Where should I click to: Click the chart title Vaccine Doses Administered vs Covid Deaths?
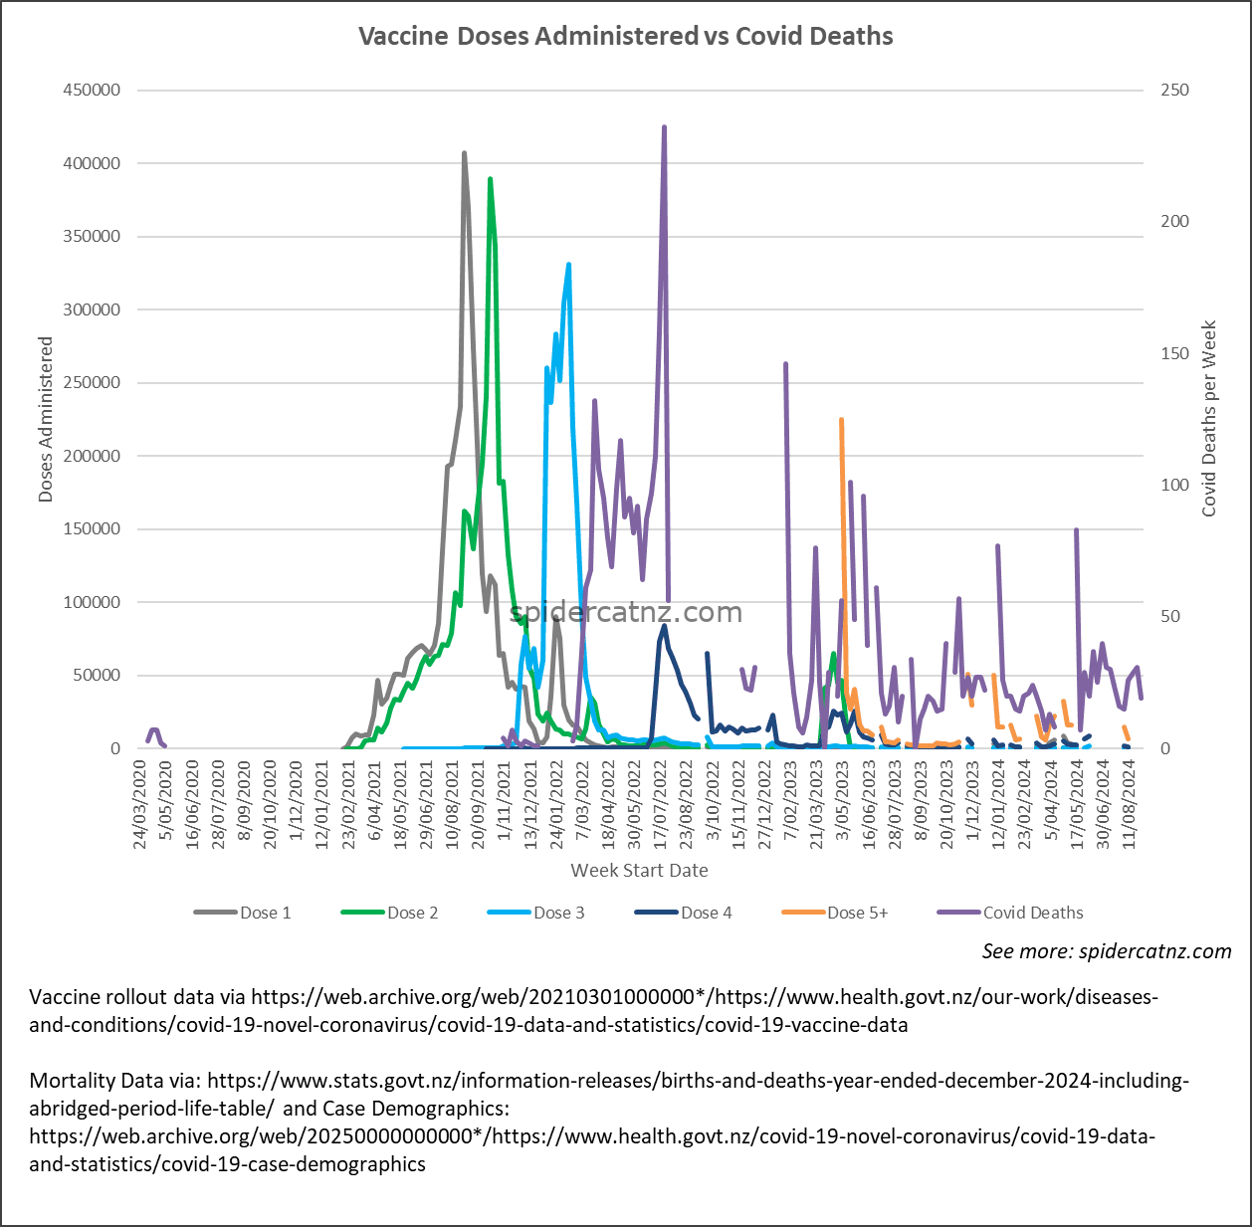coord(625,37)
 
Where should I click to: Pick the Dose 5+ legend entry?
coord(857,913)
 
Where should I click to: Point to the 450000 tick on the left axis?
coord(92,90)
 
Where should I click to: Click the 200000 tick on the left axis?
coord(92,456)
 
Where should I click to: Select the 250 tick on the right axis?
coord(1174,90)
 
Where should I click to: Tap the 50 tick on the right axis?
coord(1170,617)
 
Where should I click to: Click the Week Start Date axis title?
coord(639,871)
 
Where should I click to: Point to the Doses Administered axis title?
coord(46,419)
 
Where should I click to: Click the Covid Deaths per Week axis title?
coord(1209,419)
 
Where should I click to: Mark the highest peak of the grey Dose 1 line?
coord(464,153)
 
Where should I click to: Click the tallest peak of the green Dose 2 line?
coord(490,179)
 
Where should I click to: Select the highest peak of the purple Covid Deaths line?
coord(664,127)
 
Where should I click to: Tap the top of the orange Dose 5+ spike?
coord(841,420)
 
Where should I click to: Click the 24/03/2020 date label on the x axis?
coord(140,805)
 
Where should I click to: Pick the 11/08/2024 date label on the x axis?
coord(1130,805)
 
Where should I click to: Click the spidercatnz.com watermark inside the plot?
coord(626,613)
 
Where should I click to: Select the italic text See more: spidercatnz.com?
coord(1107,951)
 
